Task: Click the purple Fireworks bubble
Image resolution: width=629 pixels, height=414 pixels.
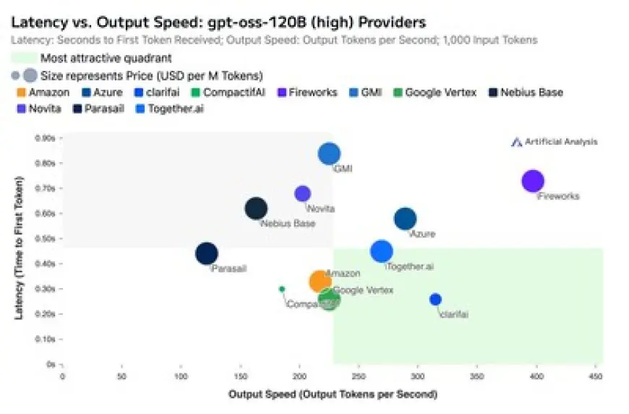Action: point(533,181)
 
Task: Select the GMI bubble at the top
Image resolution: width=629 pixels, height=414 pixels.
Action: point(329,153)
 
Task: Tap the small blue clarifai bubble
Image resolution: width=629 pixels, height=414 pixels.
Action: point(435,300)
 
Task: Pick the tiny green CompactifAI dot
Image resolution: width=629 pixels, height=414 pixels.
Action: point(282,289)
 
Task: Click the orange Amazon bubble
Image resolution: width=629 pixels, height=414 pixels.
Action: point(320,282)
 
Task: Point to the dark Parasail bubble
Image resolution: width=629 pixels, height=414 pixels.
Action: point(207,253)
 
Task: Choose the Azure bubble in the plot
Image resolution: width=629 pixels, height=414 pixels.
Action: point(406,219)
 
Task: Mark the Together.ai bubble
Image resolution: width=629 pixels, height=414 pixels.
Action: point(381,251)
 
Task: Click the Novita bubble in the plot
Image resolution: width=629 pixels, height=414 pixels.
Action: point(303,193)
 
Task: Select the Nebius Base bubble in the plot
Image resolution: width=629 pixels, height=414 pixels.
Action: point(256,208)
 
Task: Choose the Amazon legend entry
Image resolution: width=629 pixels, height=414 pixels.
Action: point(42,93)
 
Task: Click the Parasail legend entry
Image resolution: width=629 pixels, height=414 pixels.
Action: point(95,109)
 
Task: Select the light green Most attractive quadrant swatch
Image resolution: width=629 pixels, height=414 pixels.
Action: point(24,58)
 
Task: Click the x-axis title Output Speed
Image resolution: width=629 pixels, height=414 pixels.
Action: point(333,394)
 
